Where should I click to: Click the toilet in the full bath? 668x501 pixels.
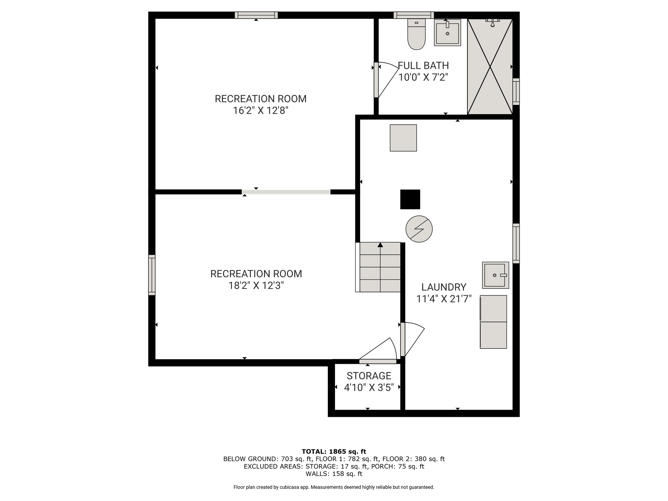417,34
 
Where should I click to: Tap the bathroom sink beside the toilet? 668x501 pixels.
447,32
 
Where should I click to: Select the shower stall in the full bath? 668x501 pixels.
490,67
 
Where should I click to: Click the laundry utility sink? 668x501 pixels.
495,275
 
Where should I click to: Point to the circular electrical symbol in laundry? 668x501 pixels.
419,229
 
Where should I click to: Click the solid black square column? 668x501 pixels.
410,199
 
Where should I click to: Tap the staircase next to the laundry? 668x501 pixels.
378,267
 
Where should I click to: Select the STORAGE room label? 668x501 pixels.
369,376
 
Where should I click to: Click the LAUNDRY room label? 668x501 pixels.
444,287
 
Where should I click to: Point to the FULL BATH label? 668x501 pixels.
423,66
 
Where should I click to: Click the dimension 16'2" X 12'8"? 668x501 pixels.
261,111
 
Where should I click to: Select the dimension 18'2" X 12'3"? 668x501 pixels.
256,285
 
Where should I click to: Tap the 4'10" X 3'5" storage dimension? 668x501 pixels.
369,387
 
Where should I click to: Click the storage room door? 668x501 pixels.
378,351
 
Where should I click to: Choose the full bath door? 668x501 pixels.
386,80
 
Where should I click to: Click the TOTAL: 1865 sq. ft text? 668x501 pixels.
334,451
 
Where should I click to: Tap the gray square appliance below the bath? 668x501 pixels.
403,138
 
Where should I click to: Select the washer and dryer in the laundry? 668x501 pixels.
493,322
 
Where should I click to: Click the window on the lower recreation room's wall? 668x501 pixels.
152,275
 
